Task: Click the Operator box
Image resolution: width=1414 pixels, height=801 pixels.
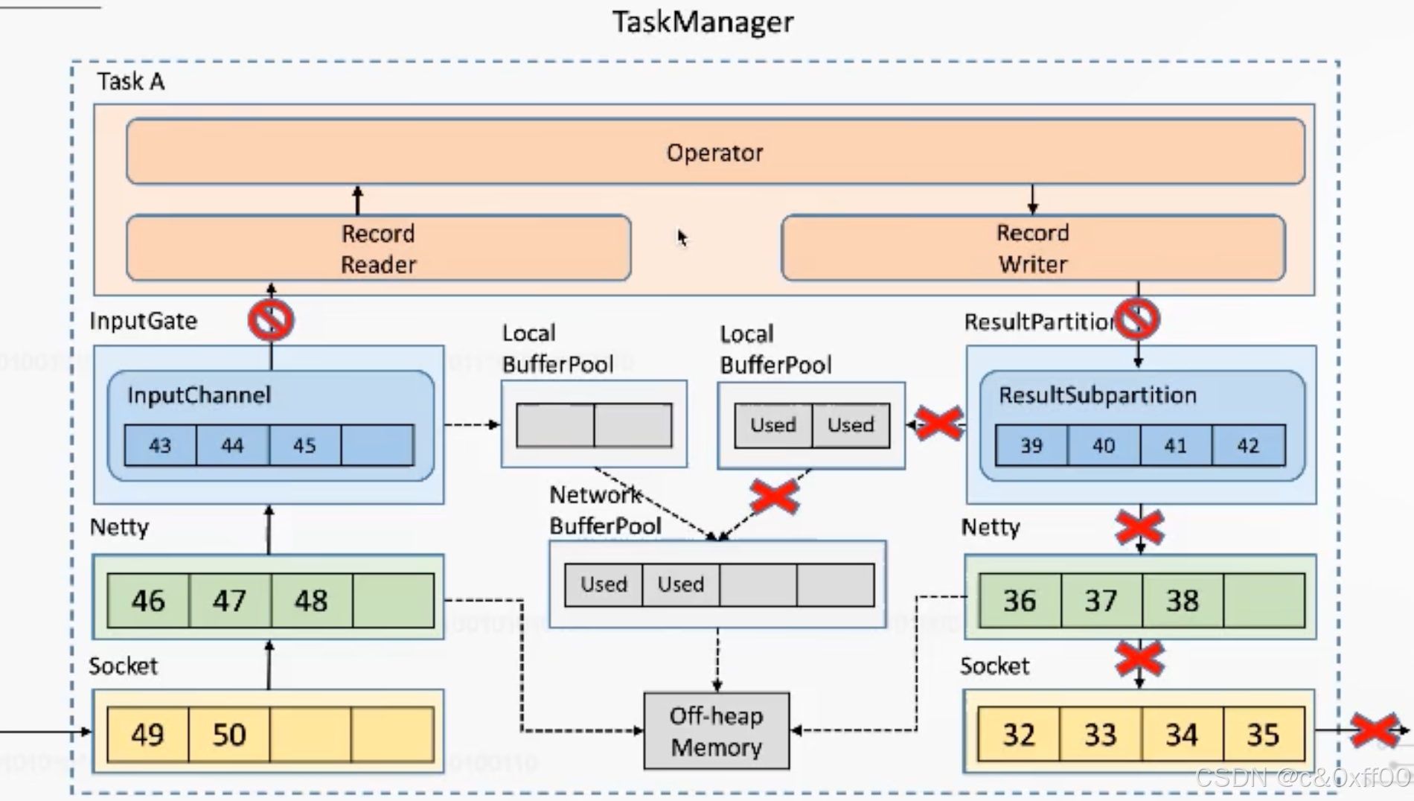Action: (x=715, y=151)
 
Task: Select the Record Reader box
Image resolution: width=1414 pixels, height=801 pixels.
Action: (x=379, y=248)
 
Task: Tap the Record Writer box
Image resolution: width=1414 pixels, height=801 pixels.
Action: (x=1033, y=248)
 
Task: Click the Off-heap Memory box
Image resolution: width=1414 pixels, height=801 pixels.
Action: (x=716, y=731)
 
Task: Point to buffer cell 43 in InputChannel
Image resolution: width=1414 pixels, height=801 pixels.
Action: (x=160, y=445)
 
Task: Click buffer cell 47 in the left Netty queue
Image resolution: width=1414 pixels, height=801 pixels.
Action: (x=230, y=600)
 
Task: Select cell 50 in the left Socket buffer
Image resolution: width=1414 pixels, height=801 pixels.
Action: (x=229, y=735)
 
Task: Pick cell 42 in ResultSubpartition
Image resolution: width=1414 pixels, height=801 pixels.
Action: (x=1248, y=445)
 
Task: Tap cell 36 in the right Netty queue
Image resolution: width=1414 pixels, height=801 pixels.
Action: (x=1020, y=600)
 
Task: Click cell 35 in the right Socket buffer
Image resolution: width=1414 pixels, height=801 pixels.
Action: (x=1263, y=735)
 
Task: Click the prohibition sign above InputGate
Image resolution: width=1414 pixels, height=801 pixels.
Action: (x=271, y=320)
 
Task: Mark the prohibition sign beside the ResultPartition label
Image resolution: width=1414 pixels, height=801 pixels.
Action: (x=1138, y=319)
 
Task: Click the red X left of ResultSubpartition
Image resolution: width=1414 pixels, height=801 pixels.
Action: (x=939, y=424)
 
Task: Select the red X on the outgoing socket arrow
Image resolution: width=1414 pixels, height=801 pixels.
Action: (x=1374, y=731)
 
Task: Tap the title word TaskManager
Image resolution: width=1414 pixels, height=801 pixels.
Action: (x=703, y=22)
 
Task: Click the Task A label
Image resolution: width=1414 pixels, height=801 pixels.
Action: (x=130, y=81)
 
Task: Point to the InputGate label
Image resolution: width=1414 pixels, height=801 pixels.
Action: (x=144, y=321)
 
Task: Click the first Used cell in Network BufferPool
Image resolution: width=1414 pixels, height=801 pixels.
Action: (x=604, y=584)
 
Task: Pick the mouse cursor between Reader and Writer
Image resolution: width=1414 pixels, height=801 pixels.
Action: (x=682, y=237)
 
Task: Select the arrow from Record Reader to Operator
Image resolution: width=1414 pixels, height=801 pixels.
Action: (x=358, y=200)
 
